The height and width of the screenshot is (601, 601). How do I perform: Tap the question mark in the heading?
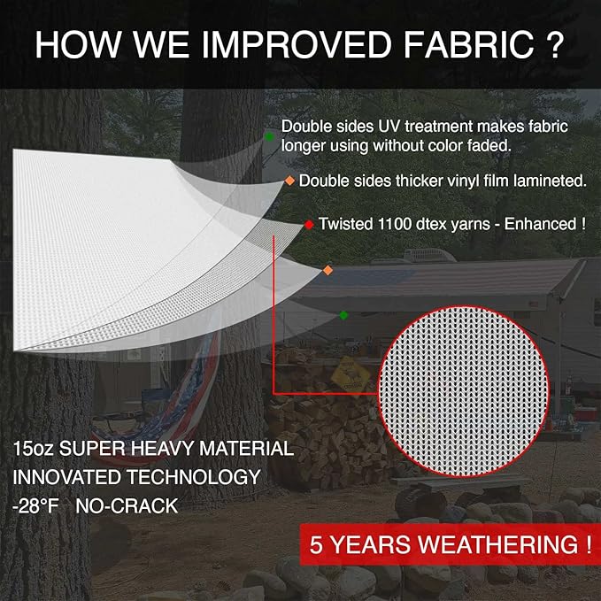[x=555, y=46]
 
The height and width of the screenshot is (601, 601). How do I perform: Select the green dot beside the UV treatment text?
[x=269, y=136]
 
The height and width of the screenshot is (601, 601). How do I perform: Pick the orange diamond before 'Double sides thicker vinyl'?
[x=289, y=181]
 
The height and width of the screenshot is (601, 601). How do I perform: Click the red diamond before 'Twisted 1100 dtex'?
[x=309, y=225]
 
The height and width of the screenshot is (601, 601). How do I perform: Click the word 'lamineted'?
[x=551, y=181]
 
